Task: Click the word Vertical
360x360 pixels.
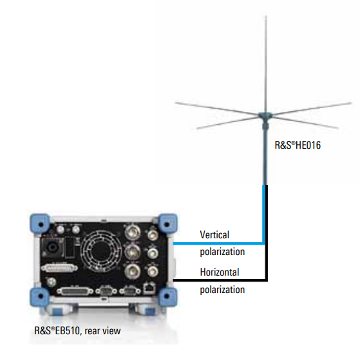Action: coord(214,235)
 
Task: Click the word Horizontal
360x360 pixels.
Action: coord(219,272)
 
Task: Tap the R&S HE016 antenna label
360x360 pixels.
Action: coord(297,145)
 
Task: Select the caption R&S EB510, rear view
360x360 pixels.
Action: coord(77,331)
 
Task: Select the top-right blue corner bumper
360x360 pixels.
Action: coord(168,222)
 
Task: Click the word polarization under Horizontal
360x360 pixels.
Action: coord(222,289)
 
